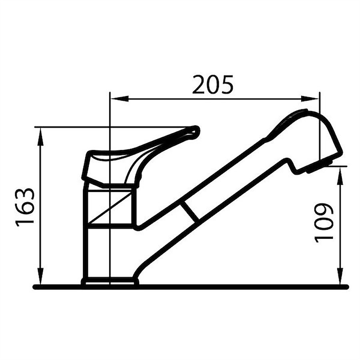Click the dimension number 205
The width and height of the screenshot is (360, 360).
tap(213, 84)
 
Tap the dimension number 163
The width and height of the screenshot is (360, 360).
tap(25, 207)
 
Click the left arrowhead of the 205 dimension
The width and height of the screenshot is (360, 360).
tap(119, 99)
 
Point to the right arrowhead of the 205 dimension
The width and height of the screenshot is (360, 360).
tap(310, 99)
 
